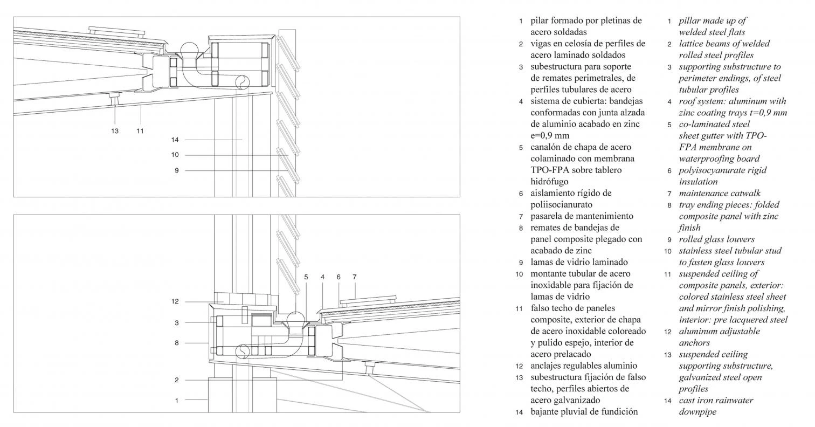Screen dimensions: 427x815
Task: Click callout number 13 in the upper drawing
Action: click(x=115, y=130)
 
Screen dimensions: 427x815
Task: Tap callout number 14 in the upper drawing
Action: click(x=175, y=140)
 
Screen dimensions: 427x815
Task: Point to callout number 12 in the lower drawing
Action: click(x=175, y=301)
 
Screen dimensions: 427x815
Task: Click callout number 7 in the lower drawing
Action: click(x=355, y=277)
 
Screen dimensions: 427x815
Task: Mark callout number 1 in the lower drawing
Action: click(x=176, y=400)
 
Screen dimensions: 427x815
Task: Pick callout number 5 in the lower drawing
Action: click(x=306, y=277)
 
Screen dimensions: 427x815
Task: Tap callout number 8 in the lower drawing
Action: click(x=176, y=342)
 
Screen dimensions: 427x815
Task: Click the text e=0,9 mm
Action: click(x=550, y=135)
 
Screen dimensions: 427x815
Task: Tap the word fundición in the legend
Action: click(x=618, y=411)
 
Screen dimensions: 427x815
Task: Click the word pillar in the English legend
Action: click(x=690, y=21)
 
